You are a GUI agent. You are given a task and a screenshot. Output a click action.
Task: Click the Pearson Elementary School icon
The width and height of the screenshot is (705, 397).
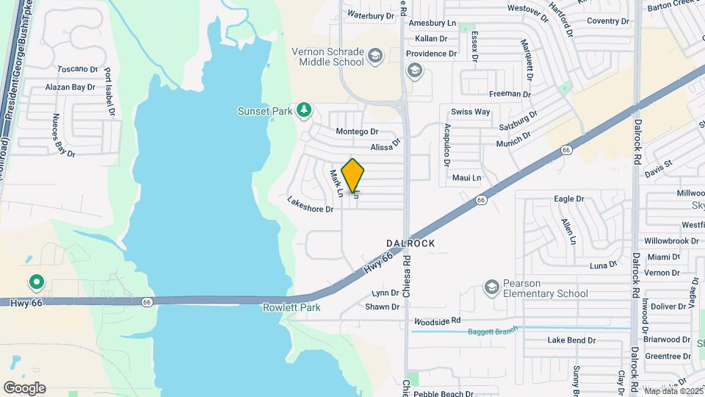(492, 287)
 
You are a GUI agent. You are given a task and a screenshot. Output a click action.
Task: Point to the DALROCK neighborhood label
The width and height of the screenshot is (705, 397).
(411, 243)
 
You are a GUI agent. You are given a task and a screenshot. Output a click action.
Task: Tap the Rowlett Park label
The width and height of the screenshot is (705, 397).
(292, 307)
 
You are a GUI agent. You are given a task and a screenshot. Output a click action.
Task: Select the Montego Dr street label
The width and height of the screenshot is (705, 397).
(356, 132)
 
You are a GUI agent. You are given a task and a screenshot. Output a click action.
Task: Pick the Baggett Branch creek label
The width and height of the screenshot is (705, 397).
(493, 332)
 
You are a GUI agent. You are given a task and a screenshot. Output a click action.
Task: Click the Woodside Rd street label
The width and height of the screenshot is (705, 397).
(437, 321)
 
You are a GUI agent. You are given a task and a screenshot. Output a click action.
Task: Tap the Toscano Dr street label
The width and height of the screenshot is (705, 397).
(77, 68)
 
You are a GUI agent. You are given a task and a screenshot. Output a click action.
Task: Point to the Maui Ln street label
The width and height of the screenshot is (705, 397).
(466, 178)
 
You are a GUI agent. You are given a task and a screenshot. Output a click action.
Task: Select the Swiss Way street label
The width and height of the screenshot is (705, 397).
(470, 112)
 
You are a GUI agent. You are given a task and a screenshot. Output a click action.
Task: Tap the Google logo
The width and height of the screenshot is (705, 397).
(24, 387)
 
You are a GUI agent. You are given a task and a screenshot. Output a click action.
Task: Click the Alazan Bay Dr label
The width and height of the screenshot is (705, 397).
(70, 87)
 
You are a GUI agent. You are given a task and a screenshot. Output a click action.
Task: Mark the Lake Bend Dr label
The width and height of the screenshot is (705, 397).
(571, 340)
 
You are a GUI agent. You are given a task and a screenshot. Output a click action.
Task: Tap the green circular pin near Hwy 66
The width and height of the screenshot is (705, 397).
(35, 282)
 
